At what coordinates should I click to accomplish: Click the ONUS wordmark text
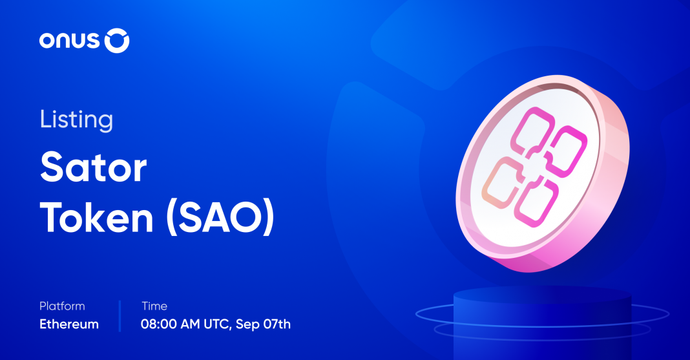click(70, 41)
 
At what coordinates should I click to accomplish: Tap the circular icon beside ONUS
click(117, 41)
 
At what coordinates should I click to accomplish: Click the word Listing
click(77, 120)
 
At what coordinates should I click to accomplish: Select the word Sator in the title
click(93, 167)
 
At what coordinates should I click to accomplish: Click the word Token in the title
click(97, 217)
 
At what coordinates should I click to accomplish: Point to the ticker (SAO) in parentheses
click(220, 217)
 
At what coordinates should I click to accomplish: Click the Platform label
click(62, 306)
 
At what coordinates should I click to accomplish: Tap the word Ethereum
click(69, 324)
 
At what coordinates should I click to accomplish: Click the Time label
click(154, 306)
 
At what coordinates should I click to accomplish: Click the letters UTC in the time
click(217, 324)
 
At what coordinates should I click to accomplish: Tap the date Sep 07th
click(263, 324)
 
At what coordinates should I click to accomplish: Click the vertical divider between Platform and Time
click(120, 316)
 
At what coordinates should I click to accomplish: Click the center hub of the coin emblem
click(535, 167)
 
